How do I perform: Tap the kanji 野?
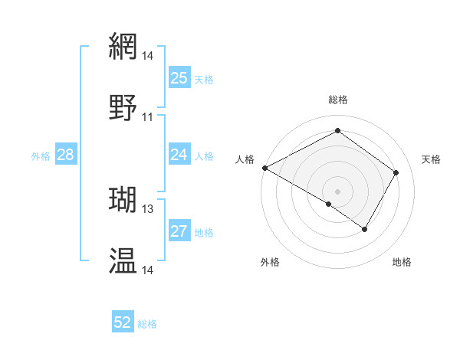pos(123,108)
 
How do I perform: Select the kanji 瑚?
pos(123,200)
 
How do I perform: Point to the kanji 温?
pos(123,261)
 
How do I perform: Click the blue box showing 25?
pos(179,77)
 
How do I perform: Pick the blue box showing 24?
pos(179,155)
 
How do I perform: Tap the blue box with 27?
pos(179,231)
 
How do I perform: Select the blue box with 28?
pos(65,155)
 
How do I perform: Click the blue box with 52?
pos(123,322)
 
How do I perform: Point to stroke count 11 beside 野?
pos(147,117)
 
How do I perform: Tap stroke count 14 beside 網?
pos(147,56)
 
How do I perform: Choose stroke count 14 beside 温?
pos(147,270)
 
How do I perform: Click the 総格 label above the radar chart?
pos(337,100)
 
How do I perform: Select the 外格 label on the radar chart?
pos(270,262)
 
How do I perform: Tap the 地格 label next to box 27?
pos(204,232)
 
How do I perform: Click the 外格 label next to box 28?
pos(41,155)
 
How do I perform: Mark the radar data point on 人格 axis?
pos(264,168)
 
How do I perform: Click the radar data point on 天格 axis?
pos(396,172)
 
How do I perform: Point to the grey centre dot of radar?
pos(337,191)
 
